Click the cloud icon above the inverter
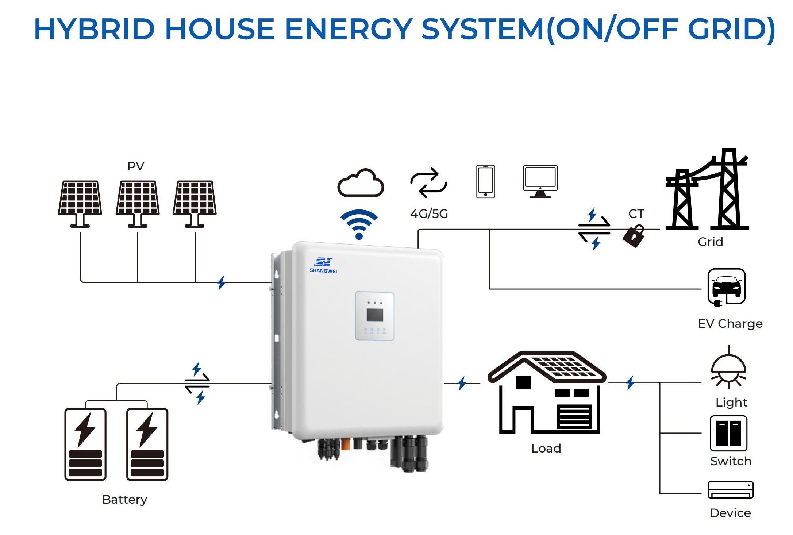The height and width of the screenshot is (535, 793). pos(361,183)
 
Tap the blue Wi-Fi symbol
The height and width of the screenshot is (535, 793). pos(359,224)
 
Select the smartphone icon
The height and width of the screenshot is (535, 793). pos(485,182)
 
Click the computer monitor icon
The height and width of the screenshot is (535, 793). pos(540,181)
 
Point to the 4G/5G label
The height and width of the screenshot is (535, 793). pos(429,214)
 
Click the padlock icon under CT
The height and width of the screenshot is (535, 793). pos(634,236)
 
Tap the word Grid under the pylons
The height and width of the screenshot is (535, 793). pos(710,242)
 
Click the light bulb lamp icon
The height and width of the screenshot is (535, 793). pos(728,369)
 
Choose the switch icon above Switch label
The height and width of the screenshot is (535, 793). pos(728,433)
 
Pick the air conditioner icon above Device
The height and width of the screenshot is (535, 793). pos(730,490)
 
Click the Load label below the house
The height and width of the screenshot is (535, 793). pos(546,448)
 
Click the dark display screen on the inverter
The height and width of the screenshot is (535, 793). pos(375,315)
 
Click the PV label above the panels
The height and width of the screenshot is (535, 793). pos(136,166)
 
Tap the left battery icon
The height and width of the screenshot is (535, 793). pos(85,444)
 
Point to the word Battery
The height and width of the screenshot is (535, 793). pos(125,499)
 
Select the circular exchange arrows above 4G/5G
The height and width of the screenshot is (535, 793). pos(428,182)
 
